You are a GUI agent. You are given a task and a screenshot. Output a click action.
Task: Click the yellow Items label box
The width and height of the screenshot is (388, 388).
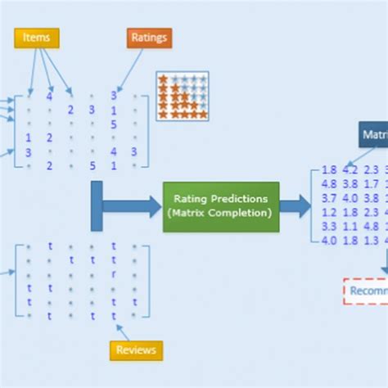(36, 37)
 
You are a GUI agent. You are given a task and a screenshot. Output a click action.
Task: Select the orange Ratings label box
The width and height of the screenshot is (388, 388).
(149, 37)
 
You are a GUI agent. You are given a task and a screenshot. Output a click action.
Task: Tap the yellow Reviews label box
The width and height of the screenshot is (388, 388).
(136, 350)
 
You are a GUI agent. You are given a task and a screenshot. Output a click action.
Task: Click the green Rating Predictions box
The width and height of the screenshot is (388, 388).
(220, 206)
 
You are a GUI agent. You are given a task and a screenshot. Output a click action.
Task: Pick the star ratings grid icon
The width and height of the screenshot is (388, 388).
(183, 96)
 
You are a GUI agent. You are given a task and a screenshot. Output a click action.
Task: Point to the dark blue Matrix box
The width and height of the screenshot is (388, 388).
(373, 134)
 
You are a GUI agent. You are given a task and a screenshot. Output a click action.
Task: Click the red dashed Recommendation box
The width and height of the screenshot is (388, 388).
(365, 291)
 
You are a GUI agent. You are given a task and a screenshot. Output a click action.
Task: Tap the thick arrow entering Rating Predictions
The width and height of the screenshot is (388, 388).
(135, 206)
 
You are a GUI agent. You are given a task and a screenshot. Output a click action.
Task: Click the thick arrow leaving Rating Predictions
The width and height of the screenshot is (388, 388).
(295, 206)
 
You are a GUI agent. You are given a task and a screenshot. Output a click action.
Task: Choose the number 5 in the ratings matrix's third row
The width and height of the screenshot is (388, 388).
(114, 124)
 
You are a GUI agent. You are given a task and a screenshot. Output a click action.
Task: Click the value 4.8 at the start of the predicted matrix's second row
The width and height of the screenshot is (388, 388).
(330, 184)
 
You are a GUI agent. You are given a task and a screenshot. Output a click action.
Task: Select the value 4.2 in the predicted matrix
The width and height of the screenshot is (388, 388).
(350, 170)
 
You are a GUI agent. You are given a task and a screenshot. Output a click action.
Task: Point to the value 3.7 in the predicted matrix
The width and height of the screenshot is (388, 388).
(330, 198)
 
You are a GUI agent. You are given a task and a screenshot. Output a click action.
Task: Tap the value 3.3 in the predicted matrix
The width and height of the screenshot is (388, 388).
(330, 226)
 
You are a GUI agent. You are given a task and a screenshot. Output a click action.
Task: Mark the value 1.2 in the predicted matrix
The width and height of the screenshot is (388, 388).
(330, 212)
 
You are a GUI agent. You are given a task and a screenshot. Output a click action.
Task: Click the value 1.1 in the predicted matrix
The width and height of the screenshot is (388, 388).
(350, 226)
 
